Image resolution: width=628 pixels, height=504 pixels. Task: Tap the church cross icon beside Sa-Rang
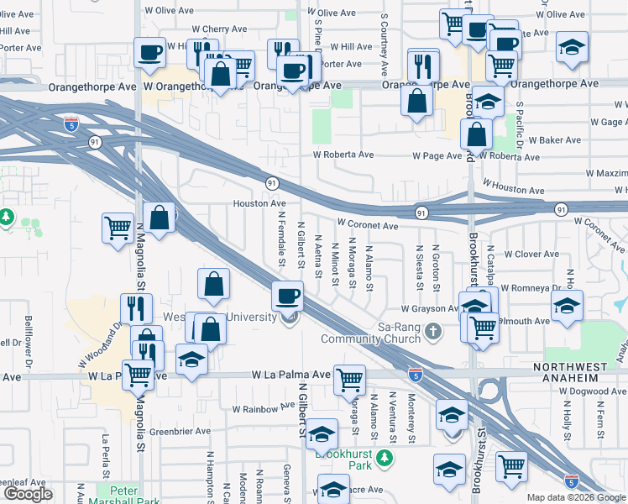433,330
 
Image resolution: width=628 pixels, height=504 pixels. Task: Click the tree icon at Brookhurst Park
385,459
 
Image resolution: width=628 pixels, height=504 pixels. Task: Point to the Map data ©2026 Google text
577,497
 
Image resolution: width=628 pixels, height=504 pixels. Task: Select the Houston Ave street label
259,204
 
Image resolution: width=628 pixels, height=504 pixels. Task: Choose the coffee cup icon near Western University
288,296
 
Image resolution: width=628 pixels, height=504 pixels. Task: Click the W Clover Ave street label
531,254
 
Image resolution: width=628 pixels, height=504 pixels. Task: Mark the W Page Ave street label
437,156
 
